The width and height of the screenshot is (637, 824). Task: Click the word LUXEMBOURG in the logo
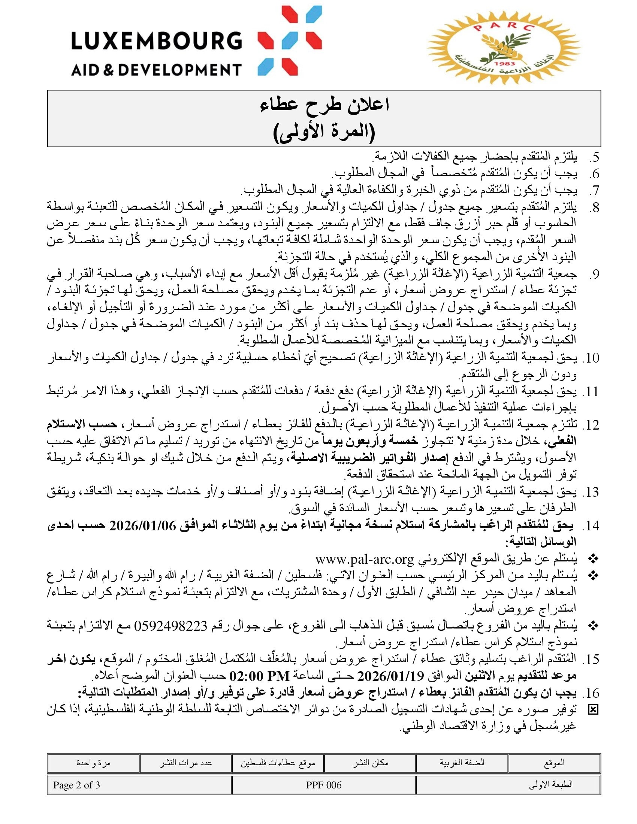[x=156, y=41]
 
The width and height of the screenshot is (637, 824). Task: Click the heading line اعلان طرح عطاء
[x=324, y=105]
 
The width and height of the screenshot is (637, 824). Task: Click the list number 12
[x=591, y=425]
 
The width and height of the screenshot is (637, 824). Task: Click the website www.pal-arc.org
[x=365, y=559]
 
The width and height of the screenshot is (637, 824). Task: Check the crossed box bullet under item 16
[x=593, y=710]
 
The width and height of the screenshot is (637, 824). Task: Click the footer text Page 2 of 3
[x=76, y=785]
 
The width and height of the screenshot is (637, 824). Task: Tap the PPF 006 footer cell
[x=323, y=785]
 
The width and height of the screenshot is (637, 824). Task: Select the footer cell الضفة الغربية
[x=462, y=763]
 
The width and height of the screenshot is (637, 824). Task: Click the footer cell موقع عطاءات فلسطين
[x=278, y=763]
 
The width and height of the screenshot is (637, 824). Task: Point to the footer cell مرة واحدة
[x=93, y=763]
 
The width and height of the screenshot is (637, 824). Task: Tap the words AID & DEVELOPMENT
[x=156, y=70]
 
